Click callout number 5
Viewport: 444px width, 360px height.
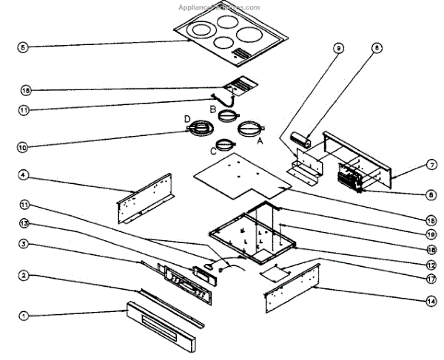[23, 47]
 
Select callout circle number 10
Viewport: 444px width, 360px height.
[23, 147]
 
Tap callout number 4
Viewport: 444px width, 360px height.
[23, 175]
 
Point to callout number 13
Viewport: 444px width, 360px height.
[23, 223]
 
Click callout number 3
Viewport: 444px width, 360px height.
[23, 244]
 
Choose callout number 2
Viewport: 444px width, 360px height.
[23, 276]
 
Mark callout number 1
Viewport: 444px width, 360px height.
[23, 316]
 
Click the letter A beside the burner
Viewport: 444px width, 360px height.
[260, 146]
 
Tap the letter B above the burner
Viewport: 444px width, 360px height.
[212, 109]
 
